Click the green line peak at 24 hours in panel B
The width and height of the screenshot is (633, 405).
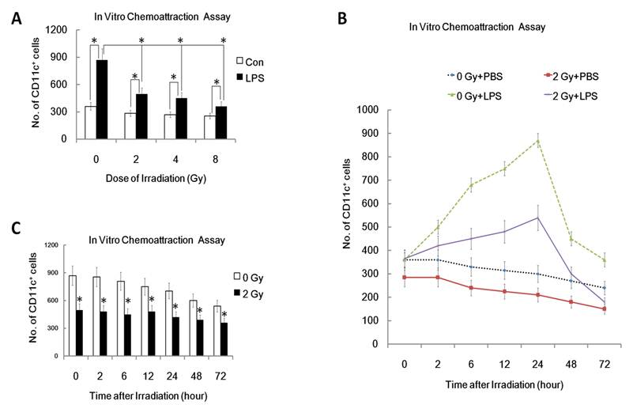pyautogui.click(x=538, y=141)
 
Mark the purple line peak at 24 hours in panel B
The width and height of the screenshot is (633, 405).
pyautogui.click(x=538, y=217)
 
